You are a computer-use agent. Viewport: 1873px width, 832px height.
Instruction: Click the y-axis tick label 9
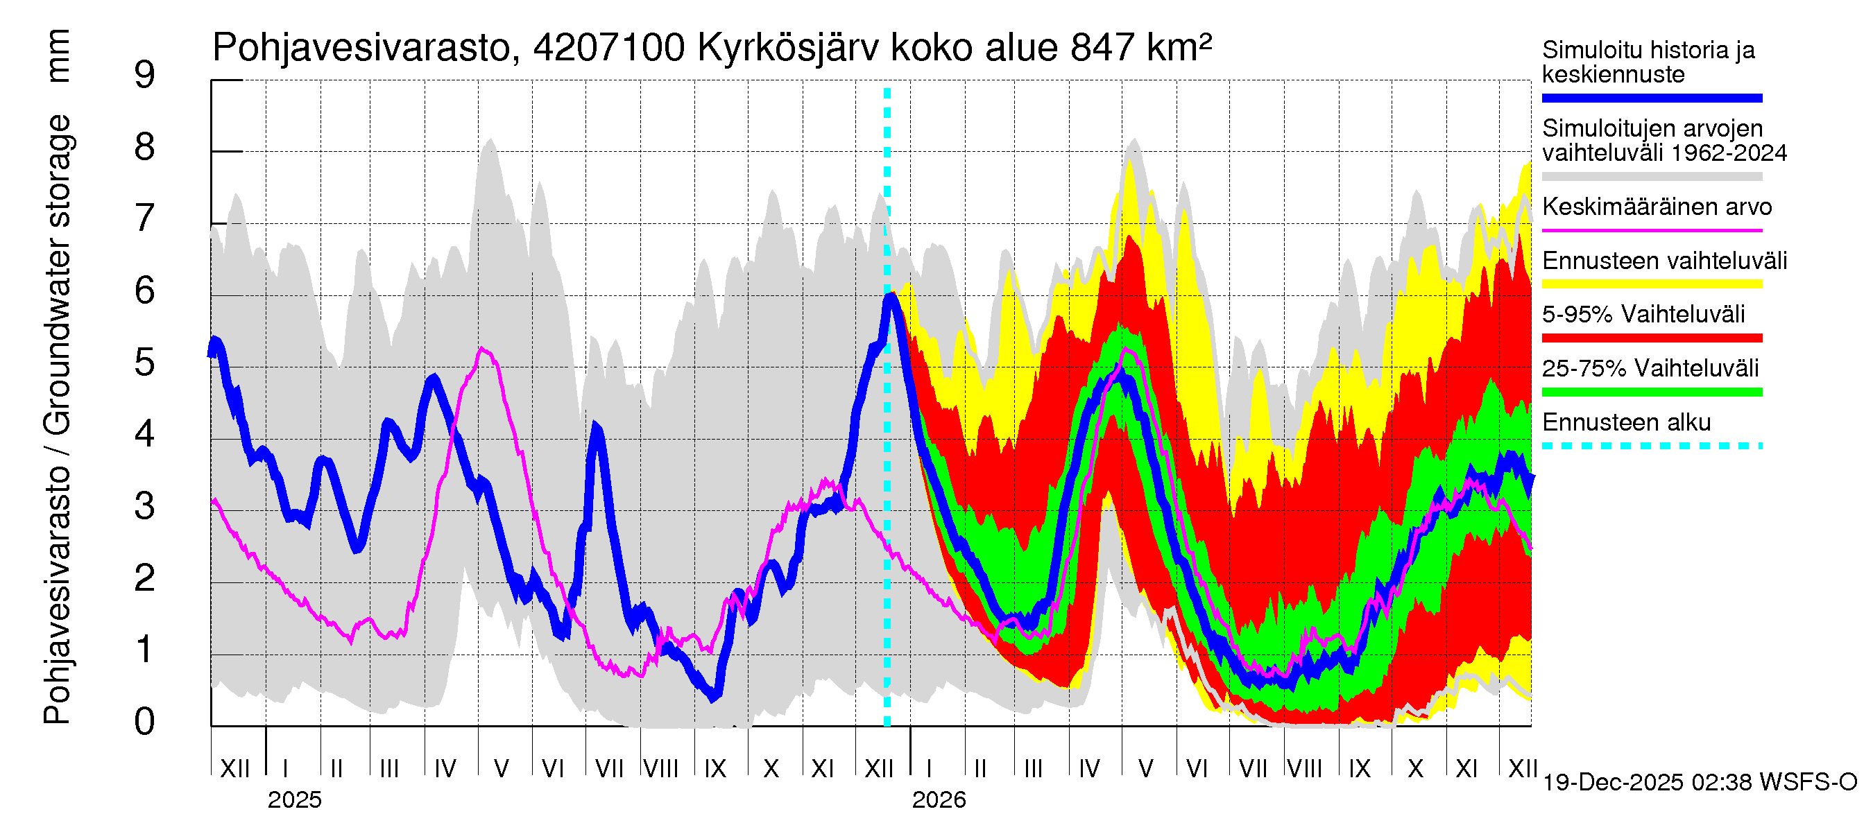pos(145,76)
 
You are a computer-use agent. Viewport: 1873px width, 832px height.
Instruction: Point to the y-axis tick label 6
pos(145,291)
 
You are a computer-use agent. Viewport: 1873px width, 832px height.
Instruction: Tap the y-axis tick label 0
pos(145,722)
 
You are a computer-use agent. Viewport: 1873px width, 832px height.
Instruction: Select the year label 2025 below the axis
pos(294,800)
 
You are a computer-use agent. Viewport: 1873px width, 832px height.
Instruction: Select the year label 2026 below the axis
pos(939,800)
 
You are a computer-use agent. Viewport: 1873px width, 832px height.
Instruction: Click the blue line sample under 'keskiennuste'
pos(1651,98)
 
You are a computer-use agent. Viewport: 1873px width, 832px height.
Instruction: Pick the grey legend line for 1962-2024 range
pos(1651,177)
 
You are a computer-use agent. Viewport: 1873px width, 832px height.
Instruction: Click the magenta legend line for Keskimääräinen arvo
pos(1651,230)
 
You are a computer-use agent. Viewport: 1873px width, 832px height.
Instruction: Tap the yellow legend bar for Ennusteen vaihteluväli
pos(1651,284)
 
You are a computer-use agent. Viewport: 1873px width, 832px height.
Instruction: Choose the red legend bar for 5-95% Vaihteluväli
pos(1651,338)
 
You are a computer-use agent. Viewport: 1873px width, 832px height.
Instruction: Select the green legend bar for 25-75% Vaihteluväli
pos(1651,392)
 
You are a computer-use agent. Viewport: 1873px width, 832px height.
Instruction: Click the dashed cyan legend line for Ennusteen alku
pos(1651,445)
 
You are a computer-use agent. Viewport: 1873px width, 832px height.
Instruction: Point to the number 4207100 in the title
pos(608,48)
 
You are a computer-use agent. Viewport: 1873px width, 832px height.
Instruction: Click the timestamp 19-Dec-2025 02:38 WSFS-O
pos(1699,783)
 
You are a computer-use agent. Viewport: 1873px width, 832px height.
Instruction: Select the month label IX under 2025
pos(715,769)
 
